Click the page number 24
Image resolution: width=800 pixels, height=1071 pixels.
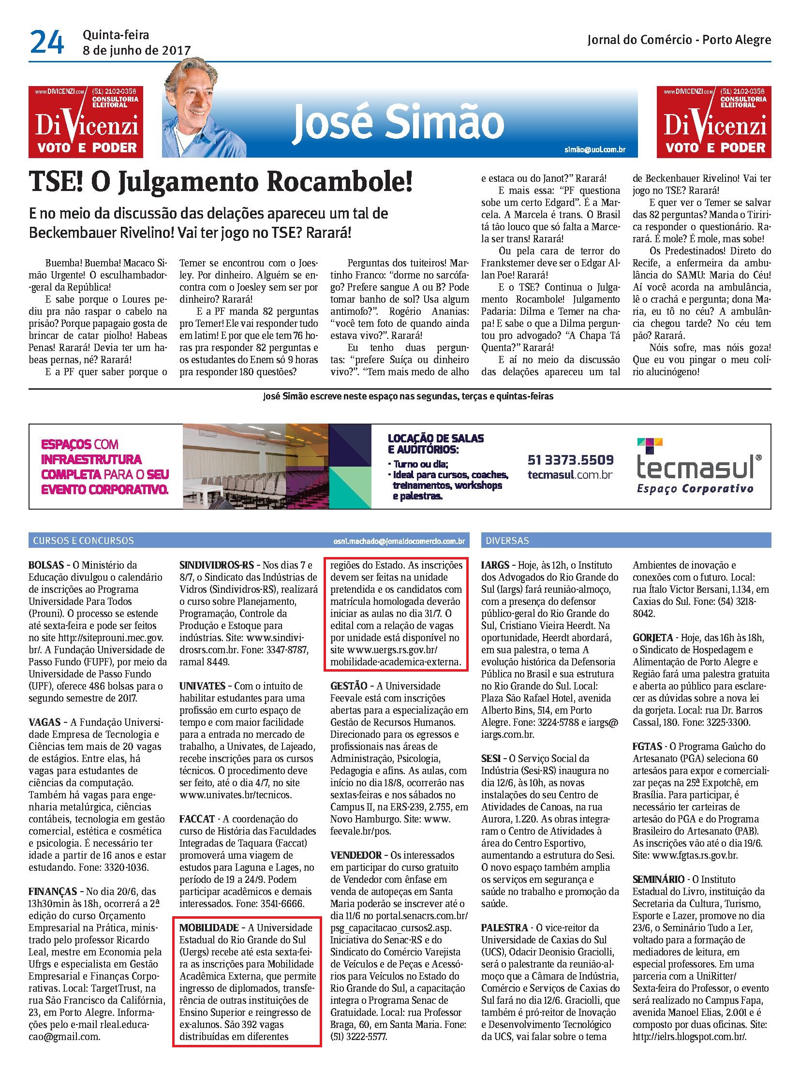point(46,42)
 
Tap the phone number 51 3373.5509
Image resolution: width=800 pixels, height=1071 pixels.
point(570,459)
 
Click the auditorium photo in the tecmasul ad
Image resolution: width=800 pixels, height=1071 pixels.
point(256,466)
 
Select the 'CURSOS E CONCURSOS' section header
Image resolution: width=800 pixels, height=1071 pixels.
point(83,541)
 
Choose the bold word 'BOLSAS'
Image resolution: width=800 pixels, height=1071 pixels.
point(46,565)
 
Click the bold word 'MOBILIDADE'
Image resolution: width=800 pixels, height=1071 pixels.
point(209,928)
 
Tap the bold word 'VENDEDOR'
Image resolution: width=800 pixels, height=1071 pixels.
point(356,855)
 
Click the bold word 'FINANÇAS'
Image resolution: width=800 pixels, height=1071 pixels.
point(53,891)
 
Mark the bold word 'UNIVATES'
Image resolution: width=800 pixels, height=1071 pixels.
point(203,686)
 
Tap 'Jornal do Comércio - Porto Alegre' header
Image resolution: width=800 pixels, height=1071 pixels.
point(679,40)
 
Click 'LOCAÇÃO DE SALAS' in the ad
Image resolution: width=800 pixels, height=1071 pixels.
point(435,438)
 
